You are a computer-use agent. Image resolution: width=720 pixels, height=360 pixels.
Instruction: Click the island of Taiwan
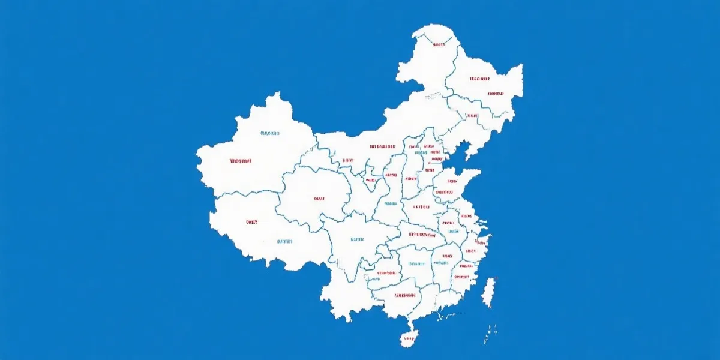[488, 291]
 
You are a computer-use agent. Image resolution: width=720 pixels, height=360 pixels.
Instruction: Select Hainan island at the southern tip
[409, 337]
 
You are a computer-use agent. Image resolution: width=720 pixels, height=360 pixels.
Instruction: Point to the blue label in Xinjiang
[270, 133]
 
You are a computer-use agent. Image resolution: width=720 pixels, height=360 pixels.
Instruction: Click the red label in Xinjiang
[240, 161]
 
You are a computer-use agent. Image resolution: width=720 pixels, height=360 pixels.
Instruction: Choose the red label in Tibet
[251, 222]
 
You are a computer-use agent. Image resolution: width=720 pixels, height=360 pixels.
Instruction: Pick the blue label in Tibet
[284, 242]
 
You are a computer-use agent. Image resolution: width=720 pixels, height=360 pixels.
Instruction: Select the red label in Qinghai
[319, 198]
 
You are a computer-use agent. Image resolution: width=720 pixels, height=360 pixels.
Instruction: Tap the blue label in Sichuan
[356, 239]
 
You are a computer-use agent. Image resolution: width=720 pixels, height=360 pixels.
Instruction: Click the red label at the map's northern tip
[439, 44]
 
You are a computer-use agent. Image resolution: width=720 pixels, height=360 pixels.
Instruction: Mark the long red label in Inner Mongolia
[382, 146]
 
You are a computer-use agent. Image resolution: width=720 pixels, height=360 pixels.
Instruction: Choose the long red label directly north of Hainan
[405, 295]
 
